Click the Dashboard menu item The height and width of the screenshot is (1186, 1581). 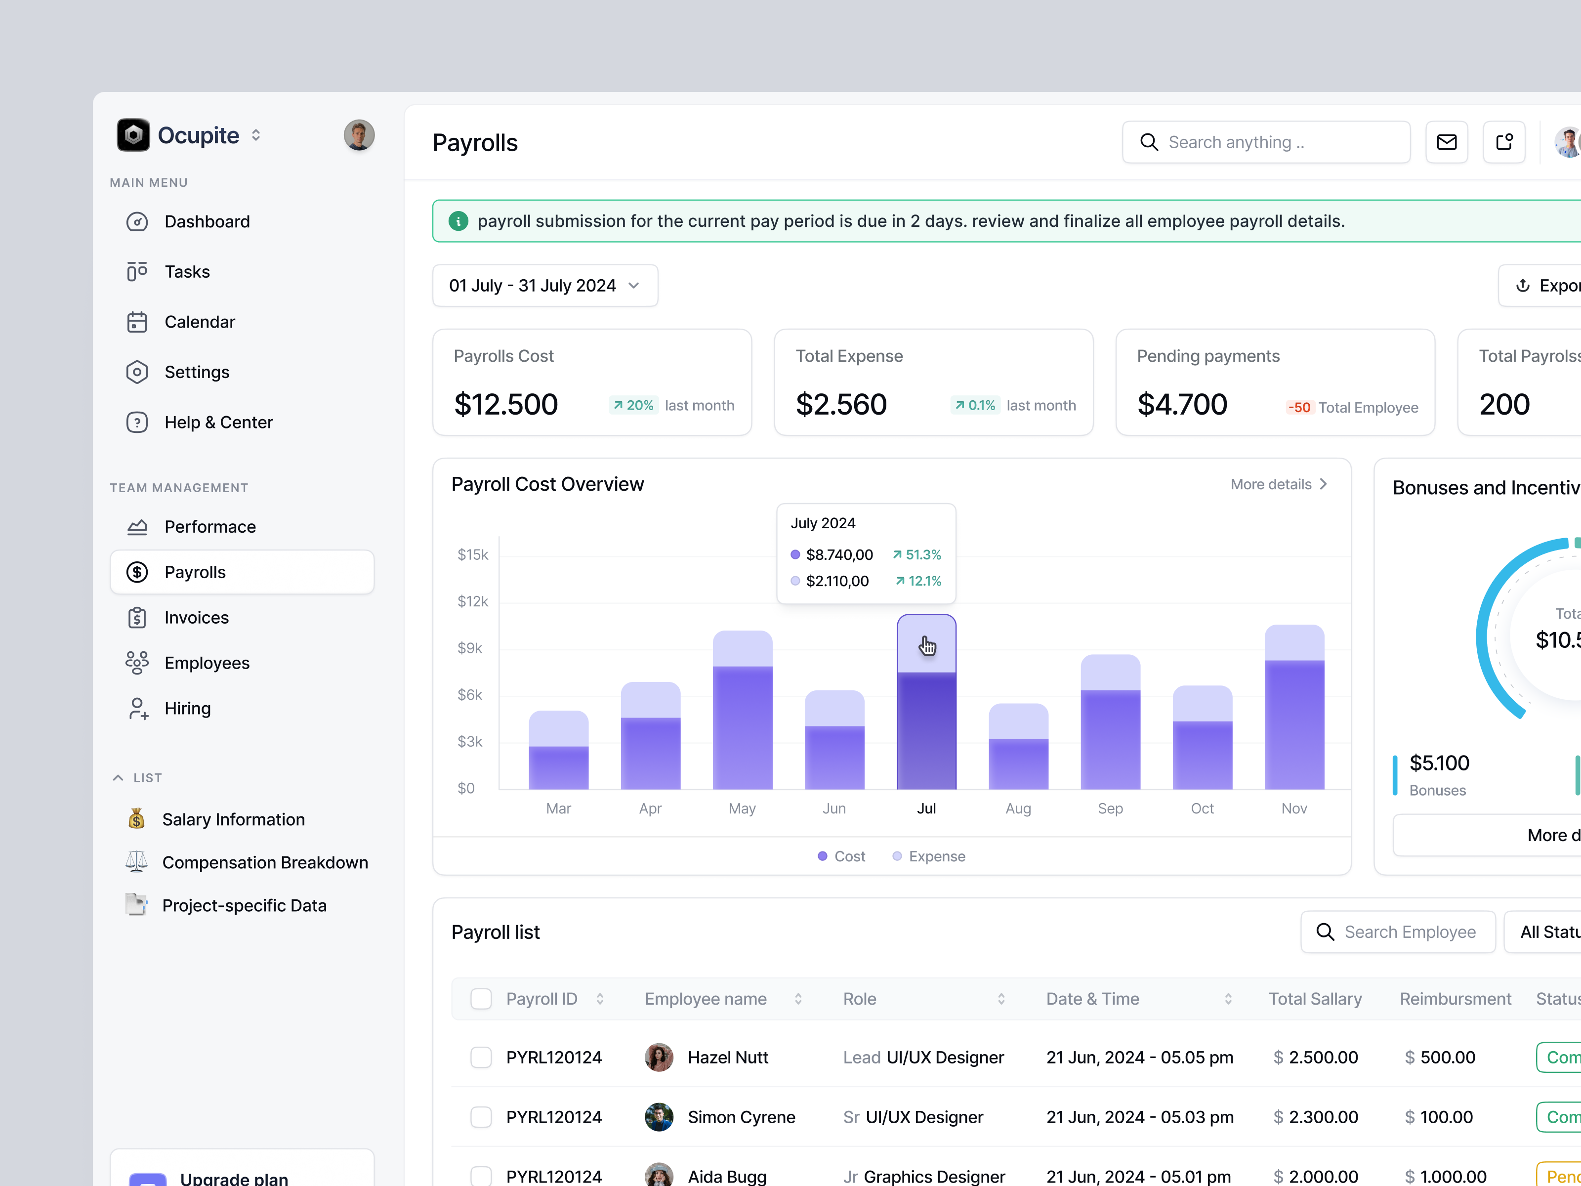coord(207,221)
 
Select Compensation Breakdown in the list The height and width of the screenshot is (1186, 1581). coord(264,862)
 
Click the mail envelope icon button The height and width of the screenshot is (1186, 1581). coord(1446,142)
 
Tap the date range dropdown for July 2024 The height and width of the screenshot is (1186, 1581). coord(544,286)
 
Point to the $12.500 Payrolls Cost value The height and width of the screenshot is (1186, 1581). coord(505,405)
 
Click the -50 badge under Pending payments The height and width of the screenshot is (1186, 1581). coord(1298,408)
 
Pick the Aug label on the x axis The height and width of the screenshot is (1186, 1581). coord(1018,808)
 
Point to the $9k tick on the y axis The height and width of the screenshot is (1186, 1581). coord(469,648)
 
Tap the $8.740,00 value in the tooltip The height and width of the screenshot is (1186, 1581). coord(839,555)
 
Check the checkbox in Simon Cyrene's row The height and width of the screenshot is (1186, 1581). coord(481,1117)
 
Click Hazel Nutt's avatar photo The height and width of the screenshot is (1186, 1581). coord(658,1058)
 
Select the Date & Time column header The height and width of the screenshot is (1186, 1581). coord(1092,999)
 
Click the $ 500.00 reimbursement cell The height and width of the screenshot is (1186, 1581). coord(1440,1058)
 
